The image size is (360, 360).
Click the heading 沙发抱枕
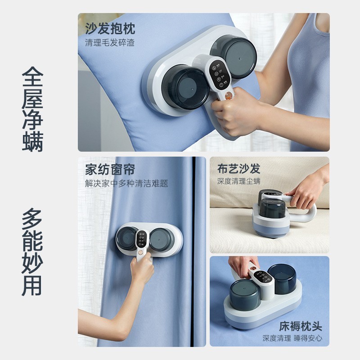[x=110, y=30]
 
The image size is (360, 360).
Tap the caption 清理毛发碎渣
[x=110, y=43]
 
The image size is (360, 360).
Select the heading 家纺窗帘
[x=110, y=171]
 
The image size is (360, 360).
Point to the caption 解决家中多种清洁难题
[x=126, y=184]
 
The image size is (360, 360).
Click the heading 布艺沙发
[x=238, y=169]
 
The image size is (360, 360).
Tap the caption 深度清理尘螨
[x=238, y=181]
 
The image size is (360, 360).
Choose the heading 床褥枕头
[x=300, y=326]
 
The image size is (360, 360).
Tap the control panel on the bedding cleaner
[x=260, y=275]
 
